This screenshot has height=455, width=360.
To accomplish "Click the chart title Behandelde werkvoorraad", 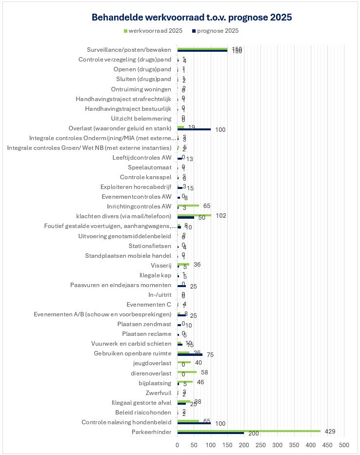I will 192,18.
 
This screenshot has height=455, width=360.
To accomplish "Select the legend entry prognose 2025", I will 218,31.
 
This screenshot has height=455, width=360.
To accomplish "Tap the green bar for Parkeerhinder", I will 249,431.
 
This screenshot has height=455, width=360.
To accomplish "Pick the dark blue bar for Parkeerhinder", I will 211,433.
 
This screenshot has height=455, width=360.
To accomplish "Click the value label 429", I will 330,431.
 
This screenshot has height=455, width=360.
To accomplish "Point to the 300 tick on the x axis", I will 278,445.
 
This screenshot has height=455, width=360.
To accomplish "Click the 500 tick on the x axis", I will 344,445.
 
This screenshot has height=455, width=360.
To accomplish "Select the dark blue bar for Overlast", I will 194,129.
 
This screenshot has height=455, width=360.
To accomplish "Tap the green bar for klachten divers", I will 194,215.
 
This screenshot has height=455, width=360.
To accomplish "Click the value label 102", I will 220,215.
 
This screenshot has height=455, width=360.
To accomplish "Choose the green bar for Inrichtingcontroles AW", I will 188,205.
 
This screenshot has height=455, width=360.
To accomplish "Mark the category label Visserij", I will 161,265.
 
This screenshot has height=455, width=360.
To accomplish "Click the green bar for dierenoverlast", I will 187,372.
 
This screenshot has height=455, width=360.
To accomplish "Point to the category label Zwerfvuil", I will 159,393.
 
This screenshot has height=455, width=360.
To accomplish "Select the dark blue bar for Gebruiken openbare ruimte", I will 190,354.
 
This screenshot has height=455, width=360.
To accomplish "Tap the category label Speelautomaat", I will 149,167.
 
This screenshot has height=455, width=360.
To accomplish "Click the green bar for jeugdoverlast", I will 184,362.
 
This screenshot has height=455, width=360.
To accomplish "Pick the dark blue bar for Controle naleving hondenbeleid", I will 194,423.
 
